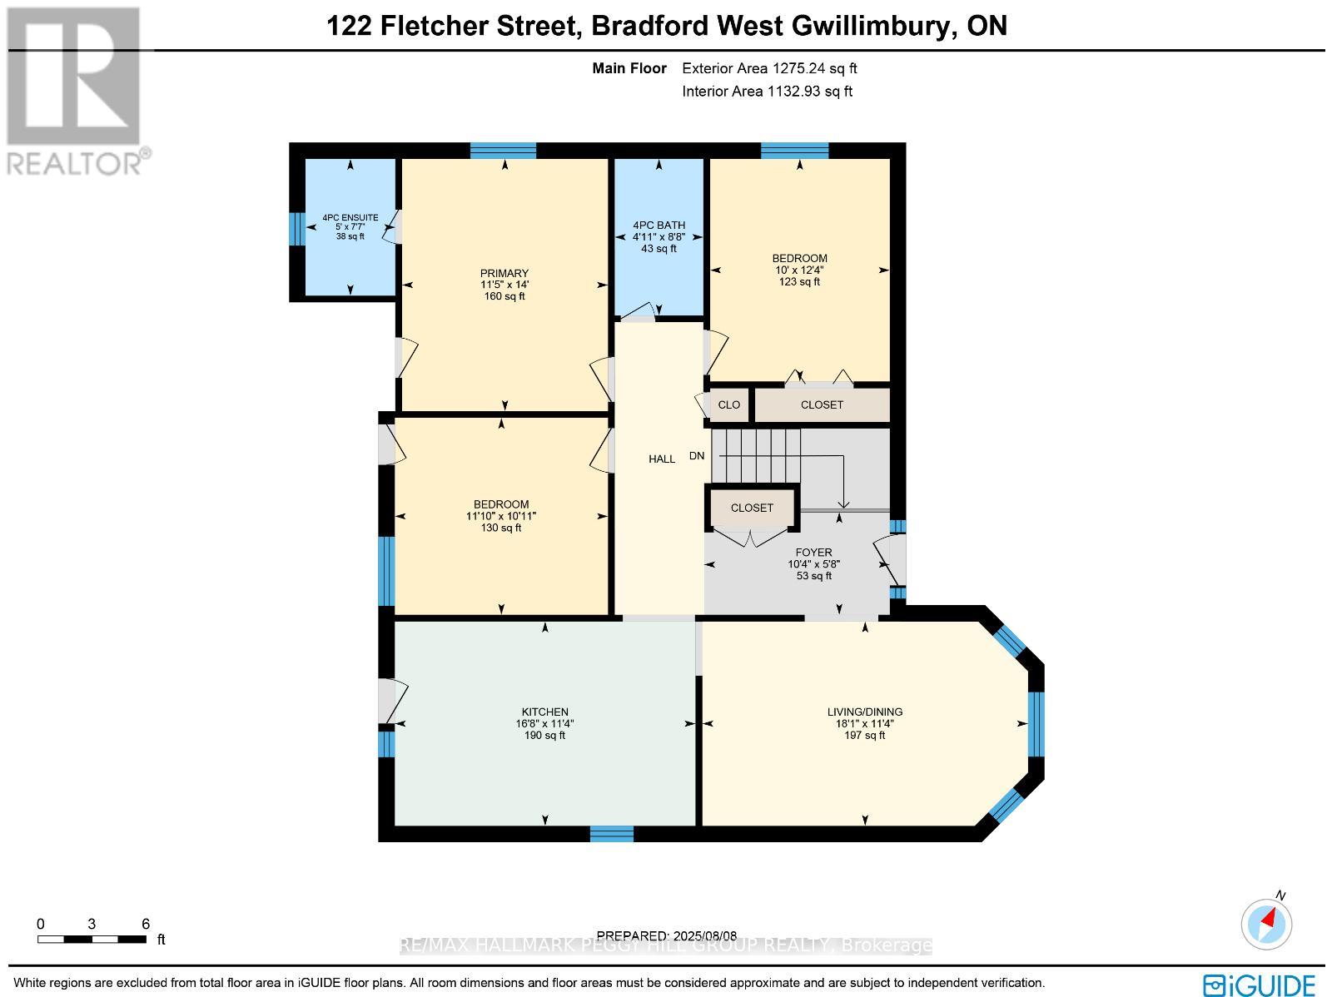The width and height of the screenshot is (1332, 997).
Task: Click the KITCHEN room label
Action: coord(544,712)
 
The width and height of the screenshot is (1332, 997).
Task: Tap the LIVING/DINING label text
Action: coord(864,712)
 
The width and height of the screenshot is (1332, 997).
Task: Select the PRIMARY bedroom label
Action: coord(504,273)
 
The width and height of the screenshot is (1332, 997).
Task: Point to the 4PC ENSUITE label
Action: coord(350,218)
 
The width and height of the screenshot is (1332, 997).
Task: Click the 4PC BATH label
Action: coord(659,225)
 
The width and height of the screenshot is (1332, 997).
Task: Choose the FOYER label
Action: coord(813,552)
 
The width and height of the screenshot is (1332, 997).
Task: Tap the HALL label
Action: coord(662,459)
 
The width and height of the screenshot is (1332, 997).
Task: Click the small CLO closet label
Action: coord(728,405)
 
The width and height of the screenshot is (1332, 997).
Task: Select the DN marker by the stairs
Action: coord(697,455)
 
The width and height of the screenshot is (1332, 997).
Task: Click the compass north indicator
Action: coord(1267,922)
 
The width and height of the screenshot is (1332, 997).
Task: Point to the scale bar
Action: coord(92,940)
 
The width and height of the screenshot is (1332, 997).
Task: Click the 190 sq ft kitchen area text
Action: coord(544,735)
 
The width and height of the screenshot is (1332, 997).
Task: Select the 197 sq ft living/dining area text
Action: coord(864,735)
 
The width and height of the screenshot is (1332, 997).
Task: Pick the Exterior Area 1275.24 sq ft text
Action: coord(769,69)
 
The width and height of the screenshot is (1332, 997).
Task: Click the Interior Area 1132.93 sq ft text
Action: coord(767,92)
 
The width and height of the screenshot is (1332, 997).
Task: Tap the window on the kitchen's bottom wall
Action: coord(612,833)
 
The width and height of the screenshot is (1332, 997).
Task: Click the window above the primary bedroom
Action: coord(503,151)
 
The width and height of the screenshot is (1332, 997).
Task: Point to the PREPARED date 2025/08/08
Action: coord(668,935)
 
